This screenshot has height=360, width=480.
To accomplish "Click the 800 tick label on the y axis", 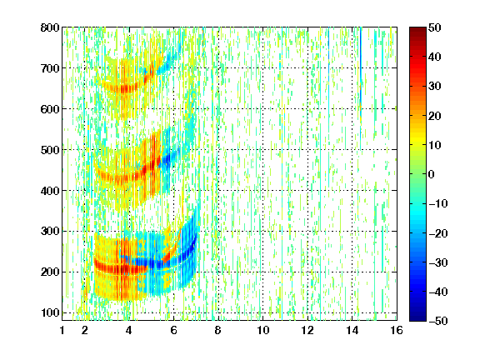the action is coord(50,27).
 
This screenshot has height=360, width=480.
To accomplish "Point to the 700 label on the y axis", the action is coord(50,68).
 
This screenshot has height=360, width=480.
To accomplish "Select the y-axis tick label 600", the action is coord(50,109).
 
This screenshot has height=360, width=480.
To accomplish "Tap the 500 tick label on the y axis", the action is coord(50,150).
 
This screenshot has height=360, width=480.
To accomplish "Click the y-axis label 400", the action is coord(50,191).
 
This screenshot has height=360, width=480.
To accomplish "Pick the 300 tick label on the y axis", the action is coord(50,232).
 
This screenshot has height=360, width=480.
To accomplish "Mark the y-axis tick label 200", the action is coord(50,272).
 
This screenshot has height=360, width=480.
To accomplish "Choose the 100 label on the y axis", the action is coord(50,312).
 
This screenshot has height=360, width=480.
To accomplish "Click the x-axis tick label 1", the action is coord(62,330).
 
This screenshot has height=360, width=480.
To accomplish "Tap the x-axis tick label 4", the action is coord(129,330).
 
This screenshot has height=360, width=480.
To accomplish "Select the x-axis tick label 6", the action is coord(173,330).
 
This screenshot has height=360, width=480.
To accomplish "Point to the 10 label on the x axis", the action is coord(262,330).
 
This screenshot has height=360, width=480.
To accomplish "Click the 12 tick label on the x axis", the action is coord(307,330).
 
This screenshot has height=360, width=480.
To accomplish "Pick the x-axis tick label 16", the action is coord(397,330).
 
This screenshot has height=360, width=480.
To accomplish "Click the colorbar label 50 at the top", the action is coord(434,27).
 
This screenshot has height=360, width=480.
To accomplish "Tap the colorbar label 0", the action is coord(431,174).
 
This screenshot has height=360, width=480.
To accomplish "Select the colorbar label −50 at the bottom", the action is coord(438,321).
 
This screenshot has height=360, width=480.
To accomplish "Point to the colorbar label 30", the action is coord(434,87).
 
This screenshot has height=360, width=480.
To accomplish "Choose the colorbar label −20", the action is coord(438,233).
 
